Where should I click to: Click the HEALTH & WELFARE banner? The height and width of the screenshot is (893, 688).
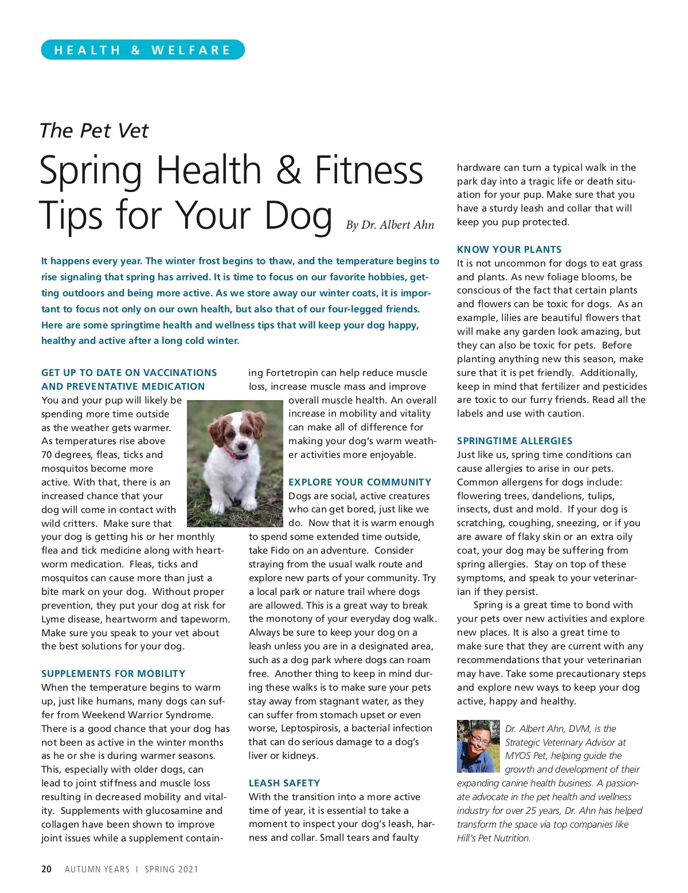(x=143, y=50)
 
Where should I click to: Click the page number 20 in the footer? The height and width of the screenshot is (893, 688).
(x=46, y=869)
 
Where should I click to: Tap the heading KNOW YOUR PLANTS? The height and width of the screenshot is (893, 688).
(x=509, y=249)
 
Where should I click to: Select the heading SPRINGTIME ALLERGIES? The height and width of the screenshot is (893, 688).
(x=514, y=441)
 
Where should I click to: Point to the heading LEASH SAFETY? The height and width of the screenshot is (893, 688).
(x=284, y=783)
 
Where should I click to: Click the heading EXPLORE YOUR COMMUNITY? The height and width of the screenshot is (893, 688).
(x=359, y=482)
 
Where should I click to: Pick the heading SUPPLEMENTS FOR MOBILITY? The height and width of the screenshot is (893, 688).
(x=113, y=673)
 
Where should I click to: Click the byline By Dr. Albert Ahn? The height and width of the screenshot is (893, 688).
(x=390, y=225)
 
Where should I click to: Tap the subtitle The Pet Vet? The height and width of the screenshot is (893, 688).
(x=94, y=131)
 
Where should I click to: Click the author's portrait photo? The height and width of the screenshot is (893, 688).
(x=478, y=746)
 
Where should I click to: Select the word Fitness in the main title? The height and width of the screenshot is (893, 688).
(x=369, y=171)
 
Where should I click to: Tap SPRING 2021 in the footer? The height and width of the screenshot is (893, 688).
(x=171, y=869)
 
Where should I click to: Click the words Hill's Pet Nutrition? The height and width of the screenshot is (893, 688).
(x=494, y=838)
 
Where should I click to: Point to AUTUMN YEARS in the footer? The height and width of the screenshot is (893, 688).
(x=97, y=869)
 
